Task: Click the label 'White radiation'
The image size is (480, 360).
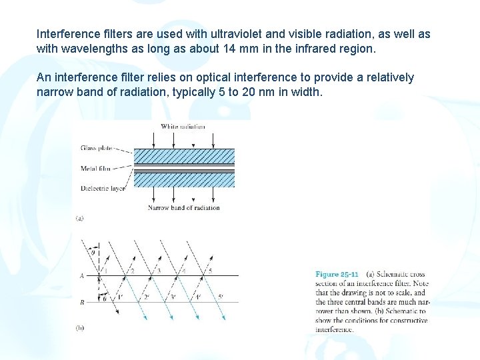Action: click(x=183, y=127)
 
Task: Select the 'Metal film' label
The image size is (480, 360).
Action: click(x=95, y=169)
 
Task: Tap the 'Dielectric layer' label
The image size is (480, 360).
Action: click(x=102, y=189)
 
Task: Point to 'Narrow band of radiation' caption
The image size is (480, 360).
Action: click(x=184, y=208)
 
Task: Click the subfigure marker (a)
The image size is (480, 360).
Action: click(x=79, y=218)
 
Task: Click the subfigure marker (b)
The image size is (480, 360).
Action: click(x=79, y=327)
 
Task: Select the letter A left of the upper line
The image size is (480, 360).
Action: click(x=81, y=275)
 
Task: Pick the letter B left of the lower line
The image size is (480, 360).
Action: click(x=81, y=302)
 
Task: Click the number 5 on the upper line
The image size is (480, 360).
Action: click(x=211, y=271)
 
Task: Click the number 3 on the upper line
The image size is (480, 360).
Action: click(x=159, y=271)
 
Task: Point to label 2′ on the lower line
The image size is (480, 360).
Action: click(x=146, y=297)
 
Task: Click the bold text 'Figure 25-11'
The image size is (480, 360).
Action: click(x=337, y=274)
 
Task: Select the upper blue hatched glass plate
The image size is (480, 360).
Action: click(x=184, y=155)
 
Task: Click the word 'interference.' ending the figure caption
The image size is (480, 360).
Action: click(x=335, y=329)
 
